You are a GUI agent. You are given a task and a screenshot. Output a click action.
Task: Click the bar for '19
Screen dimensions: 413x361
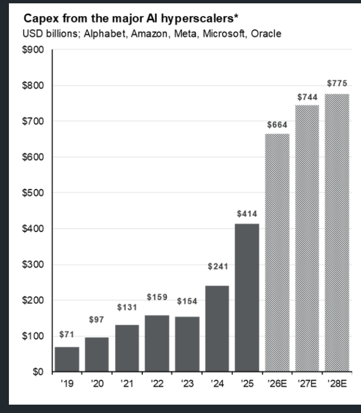coord(67,359)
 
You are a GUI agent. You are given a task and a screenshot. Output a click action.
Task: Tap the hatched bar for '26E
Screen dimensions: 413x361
coord(277,252)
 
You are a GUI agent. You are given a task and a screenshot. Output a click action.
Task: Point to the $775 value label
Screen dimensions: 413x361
coord(337,84)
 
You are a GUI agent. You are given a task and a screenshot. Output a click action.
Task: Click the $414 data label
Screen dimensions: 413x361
coord(247,213)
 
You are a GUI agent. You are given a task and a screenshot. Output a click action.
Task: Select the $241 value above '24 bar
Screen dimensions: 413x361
coord(217,266)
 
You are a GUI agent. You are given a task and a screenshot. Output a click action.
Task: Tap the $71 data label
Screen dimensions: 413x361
coord(67,335)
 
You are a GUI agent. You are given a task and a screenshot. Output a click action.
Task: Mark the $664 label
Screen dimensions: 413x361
coord(277,124)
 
